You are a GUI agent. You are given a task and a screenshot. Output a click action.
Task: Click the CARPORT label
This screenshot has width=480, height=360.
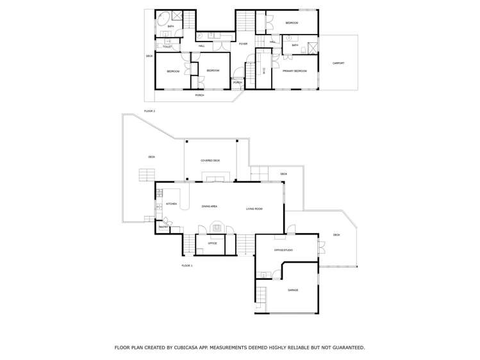coord(338,63)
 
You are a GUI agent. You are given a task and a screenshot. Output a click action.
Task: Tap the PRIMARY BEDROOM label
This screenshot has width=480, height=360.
coord(295,71)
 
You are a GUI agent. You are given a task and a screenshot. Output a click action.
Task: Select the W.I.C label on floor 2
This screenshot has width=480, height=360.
coord(264,71)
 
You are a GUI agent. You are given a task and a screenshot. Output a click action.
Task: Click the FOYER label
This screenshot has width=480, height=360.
coord(244,44)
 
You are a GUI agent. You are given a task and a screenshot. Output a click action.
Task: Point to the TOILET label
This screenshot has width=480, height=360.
coord(167,47)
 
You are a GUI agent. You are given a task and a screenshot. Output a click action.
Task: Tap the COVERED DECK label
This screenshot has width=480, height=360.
coord(210,161)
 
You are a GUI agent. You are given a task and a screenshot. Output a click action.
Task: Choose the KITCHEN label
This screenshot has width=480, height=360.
coord(171,204)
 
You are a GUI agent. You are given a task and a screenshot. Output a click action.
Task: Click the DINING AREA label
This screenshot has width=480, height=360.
coord(210,207)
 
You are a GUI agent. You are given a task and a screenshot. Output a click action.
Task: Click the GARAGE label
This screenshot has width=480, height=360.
coord(293,290)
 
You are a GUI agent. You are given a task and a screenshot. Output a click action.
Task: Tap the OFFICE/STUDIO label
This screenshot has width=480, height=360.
coord(283,250)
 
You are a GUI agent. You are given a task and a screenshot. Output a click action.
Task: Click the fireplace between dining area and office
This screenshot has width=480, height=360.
coord(217,227)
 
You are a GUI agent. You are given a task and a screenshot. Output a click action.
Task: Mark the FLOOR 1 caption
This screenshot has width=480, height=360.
coord(186,265)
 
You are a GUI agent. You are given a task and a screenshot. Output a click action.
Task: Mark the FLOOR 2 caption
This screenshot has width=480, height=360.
coord(149,111)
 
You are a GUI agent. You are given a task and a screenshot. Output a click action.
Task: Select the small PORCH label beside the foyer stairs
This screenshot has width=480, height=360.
coord(237,83)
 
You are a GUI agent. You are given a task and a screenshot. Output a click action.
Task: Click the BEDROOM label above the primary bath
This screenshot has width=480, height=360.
coord(292,23)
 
